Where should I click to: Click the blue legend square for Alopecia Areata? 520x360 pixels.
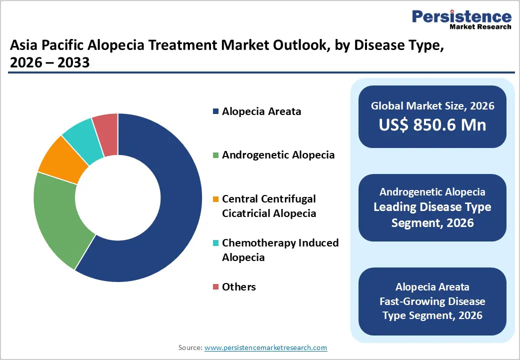[215, 111]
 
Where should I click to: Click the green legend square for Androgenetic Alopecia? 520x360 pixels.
[215, 155]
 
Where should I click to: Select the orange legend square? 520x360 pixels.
[215, 199]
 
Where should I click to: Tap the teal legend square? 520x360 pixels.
[215, 243]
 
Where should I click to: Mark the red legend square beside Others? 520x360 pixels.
[215, 287]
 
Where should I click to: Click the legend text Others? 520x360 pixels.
[239, 287]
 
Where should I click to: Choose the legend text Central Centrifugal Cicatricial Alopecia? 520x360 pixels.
[269, 206]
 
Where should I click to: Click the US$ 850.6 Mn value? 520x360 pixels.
[432, 124]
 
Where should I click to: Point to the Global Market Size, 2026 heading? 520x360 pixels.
[432, 105]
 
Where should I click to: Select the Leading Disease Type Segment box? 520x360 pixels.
[432, 207]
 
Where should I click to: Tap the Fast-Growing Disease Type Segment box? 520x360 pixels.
[432, 301]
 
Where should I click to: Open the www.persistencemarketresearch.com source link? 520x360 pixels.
[265, 347]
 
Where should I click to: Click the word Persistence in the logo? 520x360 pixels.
[461, 16]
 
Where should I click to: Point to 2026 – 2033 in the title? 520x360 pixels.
[49, 63]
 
